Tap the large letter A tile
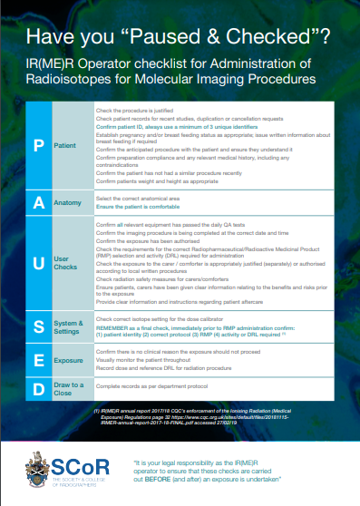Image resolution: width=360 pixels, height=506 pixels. click(x=39, y=203)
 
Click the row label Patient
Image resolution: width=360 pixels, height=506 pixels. click(x=65, y=144)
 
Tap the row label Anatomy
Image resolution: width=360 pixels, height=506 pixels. click(x=68, y=203)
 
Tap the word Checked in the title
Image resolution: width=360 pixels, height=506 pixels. click(x=273, y=38)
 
